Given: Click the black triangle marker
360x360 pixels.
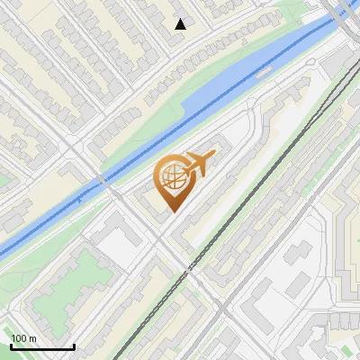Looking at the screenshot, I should (x=181, y=24).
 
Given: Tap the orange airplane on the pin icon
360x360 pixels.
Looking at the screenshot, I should (x=200, y=164).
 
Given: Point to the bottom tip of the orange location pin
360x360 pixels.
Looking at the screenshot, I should (x=172, y=211).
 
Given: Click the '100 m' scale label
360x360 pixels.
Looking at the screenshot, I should (x=24, y=338).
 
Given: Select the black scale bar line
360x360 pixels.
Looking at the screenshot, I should (x=42, y=346).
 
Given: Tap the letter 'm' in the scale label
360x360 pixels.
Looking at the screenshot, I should (x=32, y=338).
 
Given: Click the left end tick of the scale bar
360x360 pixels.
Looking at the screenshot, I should (x=11, y=345).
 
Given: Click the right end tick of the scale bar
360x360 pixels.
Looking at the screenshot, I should (x=74, y=345).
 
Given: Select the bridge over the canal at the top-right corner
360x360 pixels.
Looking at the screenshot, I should (x=343, y=13).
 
